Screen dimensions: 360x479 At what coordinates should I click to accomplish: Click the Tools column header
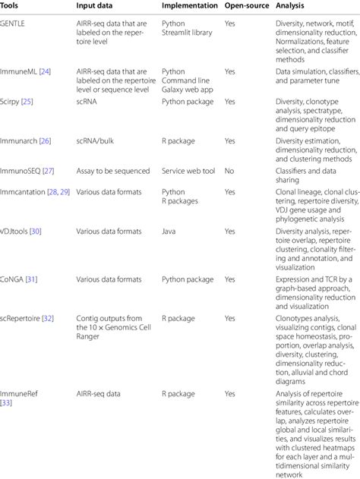(x=11, y=5)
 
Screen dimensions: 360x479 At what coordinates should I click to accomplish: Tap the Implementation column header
(x=189, y=5)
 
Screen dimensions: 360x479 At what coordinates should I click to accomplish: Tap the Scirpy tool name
(x=11, y=100)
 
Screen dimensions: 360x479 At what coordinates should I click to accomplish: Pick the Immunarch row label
(x=19, y=140)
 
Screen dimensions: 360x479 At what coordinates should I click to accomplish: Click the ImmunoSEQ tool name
(x=21, y=172)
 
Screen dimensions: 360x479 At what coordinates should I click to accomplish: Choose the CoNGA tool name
(x=13, y=279)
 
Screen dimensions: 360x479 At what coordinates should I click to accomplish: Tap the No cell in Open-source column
(x=229, y=172)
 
